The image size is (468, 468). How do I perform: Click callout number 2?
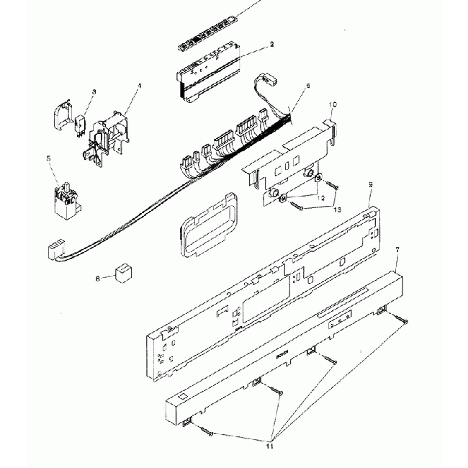(271, 45)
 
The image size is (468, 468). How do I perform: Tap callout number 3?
(94, 92)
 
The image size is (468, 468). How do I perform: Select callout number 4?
(139, 86)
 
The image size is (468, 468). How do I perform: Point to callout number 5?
(49, 158)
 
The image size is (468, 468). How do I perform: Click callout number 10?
(332, 105)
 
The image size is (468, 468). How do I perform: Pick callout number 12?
(322, 197)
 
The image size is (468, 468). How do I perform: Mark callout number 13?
(337, 209)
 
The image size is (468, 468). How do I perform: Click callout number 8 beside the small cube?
(98, 277)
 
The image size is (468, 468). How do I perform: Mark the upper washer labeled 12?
(319, 180)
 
